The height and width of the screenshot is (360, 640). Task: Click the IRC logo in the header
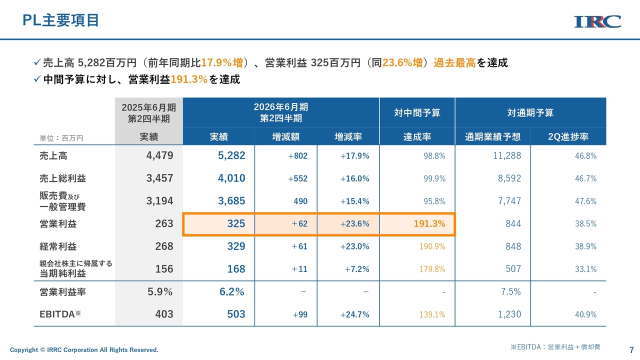[597, 21]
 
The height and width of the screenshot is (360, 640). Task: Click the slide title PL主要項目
[61, 20]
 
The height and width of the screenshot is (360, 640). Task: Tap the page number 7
[631, 349]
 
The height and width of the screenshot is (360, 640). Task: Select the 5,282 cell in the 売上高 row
[231, 155]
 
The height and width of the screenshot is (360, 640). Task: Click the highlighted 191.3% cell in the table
[429, 224]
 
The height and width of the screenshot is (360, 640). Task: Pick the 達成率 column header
[417, 137]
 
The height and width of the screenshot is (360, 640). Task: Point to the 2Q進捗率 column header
[568, 137]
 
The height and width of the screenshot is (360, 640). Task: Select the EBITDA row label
[60, 314]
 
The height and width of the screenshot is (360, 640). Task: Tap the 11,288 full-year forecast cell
[506, 155]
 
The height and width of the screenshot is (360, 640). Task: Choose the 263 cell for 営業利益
[164, 224]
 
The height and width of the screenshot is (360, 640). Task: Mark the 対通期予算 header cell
[530, 113]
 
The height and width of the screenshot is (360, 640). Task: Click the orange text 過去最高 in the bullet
[454, 63]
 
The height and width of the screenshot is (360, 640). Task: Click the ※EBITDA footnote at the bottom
[555, 346]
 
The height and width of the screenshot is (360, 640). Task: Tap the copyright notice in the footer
[84, 350]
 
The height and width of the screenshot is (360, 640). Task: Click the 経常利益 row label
[58, 246]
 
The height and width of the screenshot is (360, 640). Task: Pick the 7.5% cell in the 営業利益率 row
[510, 292]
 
